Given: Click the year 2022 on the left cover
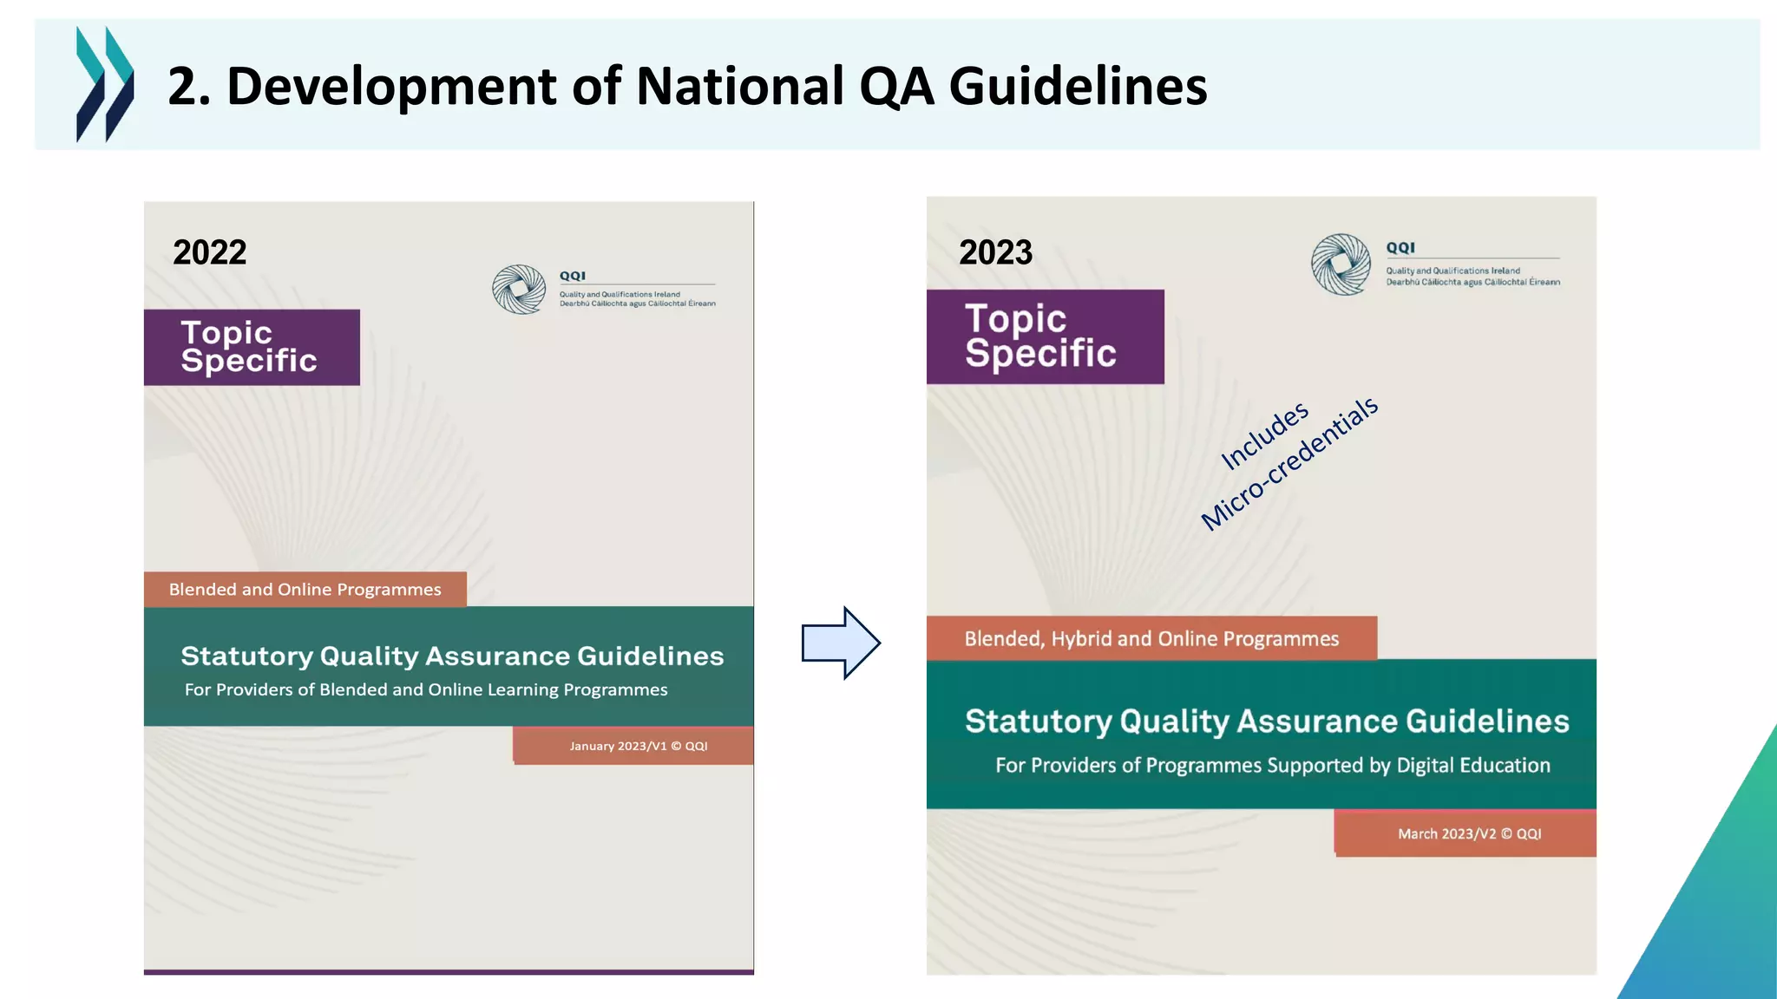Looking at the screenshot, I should click(x=210, y=253).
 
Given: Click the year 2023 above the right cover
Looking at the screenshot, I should click(x=995, y=253).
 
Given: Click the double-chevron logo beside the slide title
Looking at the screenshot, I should click(x=105, y=84).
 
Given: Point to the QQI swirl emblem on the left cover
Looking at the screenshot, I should click(x=519, y=290).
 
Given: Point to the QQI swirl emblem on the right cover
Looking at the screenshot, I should click(x=1341, y=264).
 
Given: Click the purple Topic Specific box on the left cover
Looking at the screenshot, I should click(x=252, y=347).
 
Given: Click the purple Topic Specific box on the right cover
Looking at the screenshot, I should click(x=1045, y=336).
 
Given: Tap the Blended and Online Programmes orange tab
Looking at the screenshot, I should click(x=305, y=590).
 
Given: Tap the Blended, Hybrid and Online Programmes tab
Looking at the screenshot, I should click(x=1151, y=639).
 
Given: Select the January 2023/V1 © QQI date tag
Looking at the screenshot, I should click(x=638, y=746).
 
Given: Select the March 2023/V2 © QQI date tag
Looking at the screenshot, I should click(x=1469, y=833).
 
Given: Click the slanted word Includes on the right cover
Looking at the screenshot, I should click(x=1264, y=436).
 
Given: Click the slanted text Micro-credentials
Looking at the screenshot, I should click(x=1289, y=464).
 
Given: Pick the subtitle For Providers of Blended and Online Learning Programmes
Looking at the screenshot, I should click(x=426, y=690).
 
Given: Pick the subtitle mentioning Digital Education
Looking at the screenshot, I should click(x=1272, y=766).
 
